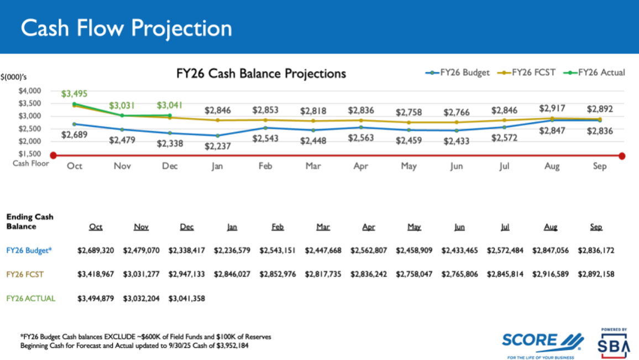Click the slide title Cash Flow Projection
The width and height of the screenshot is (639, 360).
[126, 28]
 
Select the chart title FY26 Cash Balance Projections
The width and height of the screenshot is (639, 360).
[261, 74]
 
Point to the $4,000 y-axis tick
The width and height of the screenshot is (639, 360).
[30, 91]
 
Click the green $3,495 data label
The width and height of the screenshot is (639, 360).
[74, 94]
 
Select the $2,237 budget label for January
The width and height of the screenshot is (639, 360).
[217, 146]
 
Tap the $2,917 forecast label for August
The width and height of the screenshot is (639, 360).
[551, 108]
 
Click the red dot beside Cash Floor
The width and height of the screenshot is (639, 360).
[53, 155]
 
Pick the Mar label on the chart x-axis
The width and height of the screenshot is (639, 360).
[313, 166]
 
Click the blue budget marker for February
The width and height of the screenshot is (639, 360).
[265, 128]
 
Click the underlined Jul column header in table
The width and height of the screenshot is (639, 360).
[504, 227]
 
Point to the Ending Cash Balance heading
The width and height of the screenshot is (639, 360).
[29, 221]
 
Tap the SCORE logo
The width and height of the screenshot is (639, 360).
[542, 341]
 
